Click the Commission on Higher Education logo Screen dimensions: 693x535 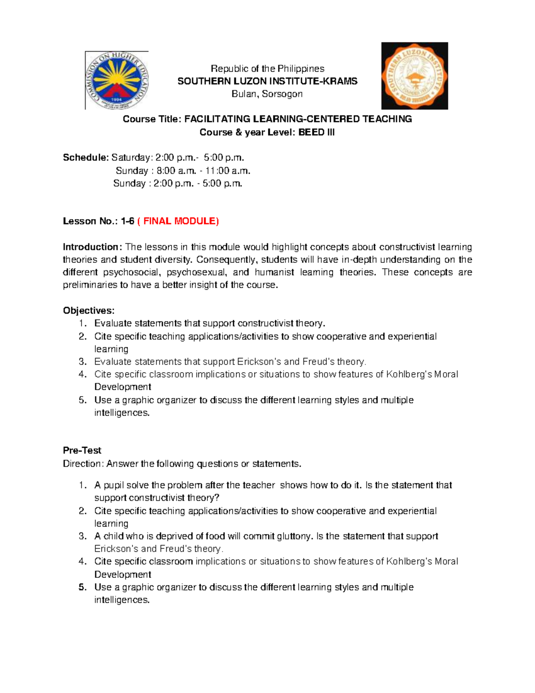pyautogui.click(x=117, y=80)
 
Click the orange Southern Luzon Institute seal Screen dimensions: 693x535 pyautogui.click(x=415, y=76)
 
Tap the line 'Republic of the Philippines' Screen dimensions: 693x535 pyautogui.click(x=267, y=69)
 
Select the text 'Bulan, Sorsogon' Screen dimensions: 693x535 pyautogui.click(x=267, y=94)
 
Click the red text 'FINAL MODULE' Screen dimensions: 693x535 pyautogui.click(x=179, y=221)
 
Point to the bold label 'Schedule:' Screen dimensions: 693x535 pyautogui.click(x=86, y=158)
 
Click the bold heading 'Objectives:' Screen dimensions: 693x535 pyautogui.click(x=89, y=311)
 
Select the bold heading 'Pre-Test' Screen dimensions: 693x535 pyautogui.click(x=82, y=451)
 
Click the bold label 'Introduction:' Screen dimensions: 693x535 pyautogui.click(x=92, y=247)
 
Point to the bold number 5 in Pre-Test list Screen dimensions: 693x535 pyautogui.click(x=82, y=587)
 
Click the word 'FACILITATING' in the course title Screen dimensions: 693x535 pyautogui.click(x=217, y=119)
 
